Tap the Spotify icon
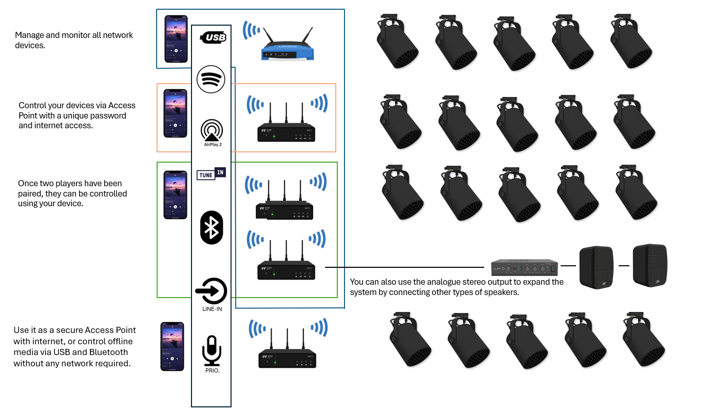[211, 79]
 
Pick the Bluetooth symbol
[212, 227]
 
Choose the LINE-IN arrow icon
[211, 291]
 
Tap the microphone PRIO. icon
[212, 351]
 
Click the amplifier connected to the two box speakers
[524, 267]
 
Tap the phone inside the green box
[175, 195]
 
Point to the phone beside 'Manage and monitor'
[176, 38]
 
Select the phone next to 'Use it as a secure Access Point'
[172, 346]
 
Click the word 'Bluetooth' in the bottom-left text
[108, 352]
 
